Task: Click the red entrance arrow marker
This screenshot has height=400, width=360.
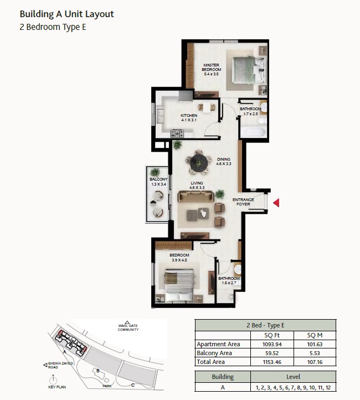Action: [276, 203]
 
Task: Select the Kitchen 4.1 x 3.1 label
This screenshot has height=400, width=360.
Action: [189, 118]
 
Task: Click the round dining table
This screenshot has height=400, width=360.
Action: [198, 162]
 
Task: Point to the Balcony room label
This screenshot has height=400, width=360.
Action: [158, 182]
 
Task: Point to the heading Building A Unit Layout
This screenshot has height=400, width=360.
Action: [66, 14]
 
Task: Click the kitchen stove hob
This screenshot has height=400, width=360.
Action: [177, 133]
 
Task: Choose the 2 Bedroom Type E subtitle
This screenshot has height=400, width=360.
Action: [52, 27]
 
